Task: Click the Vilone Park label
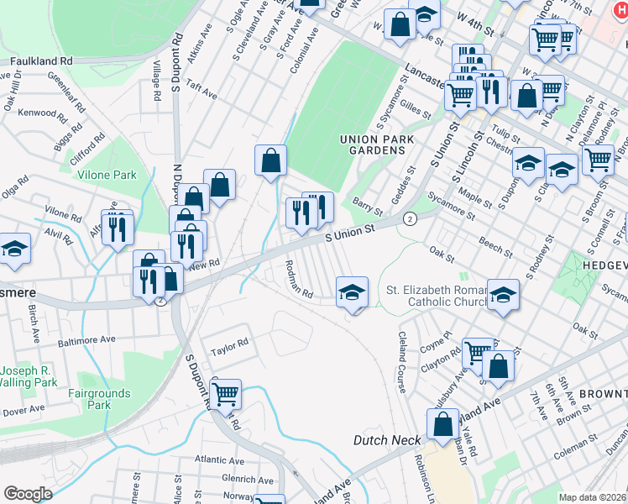[x=107, y=176]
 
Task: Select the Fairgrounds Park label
[x=100, y=399]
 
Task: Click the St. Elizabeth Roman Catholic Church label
[x=437, y=296]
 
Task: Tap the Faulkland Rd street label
[x=41, y=61]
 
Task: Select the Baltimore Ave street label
[x=86, y=342]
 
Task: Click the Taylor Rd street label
[x=230, y=344]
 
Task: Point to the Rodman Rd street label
[x=300, y=280]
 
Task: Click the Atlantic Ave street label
[x=221, y=459]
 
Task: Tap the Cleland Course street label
[x=401, y=362]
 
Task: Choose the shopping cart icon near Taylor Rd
[x=225, y=393]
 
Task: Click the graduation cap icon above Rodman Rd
[x=353, y=292]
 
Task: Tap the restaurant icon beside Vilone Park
[x=118, y=227]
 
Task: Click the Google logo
[x=28, y=494]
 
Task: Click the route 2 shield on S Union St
[x=409, y=218]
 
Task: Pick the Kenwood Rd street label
[x=41, y=112]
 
